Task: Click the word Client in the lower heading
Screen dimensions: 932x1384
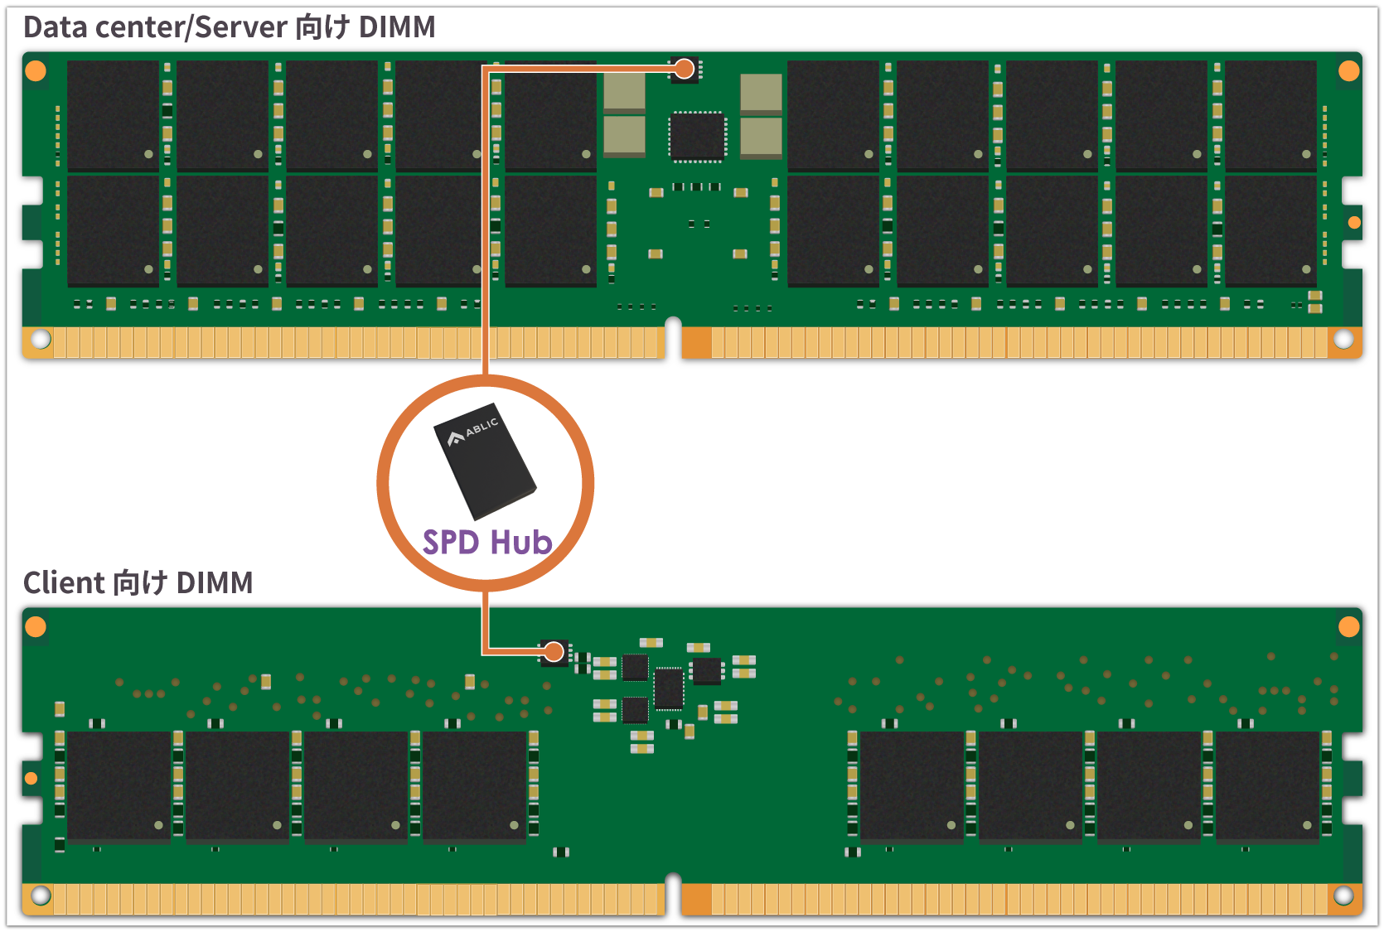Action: click(64, 582)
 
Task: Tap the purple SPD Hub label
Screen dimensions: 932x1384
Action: click(487, 542)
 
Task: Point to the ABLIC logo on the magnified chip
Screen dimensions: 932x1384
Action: click(473, 432)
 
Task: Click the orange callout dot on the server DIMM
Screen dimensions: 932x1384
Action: click(684, 69)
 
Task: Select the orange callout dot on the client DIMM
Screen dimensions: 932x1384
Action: click(554, 652)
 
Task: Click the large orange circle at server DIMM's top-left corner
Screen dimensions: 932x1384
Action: click(36, 70)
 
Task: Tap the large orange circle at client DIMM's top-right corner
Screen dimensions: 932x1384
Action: click(1348, 626)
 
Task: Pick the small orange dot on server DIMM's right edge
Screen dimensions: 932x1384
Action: click(1354, 222)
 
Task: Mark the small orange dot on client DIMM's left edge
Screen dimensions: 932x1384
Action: click(31, 778)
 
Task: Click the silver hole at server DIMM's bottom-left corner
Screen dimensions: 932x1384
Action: click(41, 339)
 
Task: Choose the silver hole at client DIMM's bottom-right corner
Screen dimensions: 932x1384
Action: click(1343, 896)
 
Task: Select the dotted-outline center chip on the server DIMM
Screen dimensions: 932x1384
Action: click(697, 137)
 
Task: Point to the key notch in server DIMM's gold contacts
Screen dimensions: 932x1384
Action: click(673, 336)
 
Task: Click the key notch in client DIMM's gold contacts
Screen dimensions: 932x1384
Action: click(673, 892)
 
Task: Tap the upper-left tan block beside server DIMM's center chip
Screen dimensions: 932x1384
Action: click(624, 90)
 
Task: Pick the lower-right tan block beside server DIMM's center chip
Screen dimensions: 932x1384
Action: click(760, 136)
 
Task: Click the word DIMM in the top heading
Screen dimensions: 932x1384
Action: click(397, 27)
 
